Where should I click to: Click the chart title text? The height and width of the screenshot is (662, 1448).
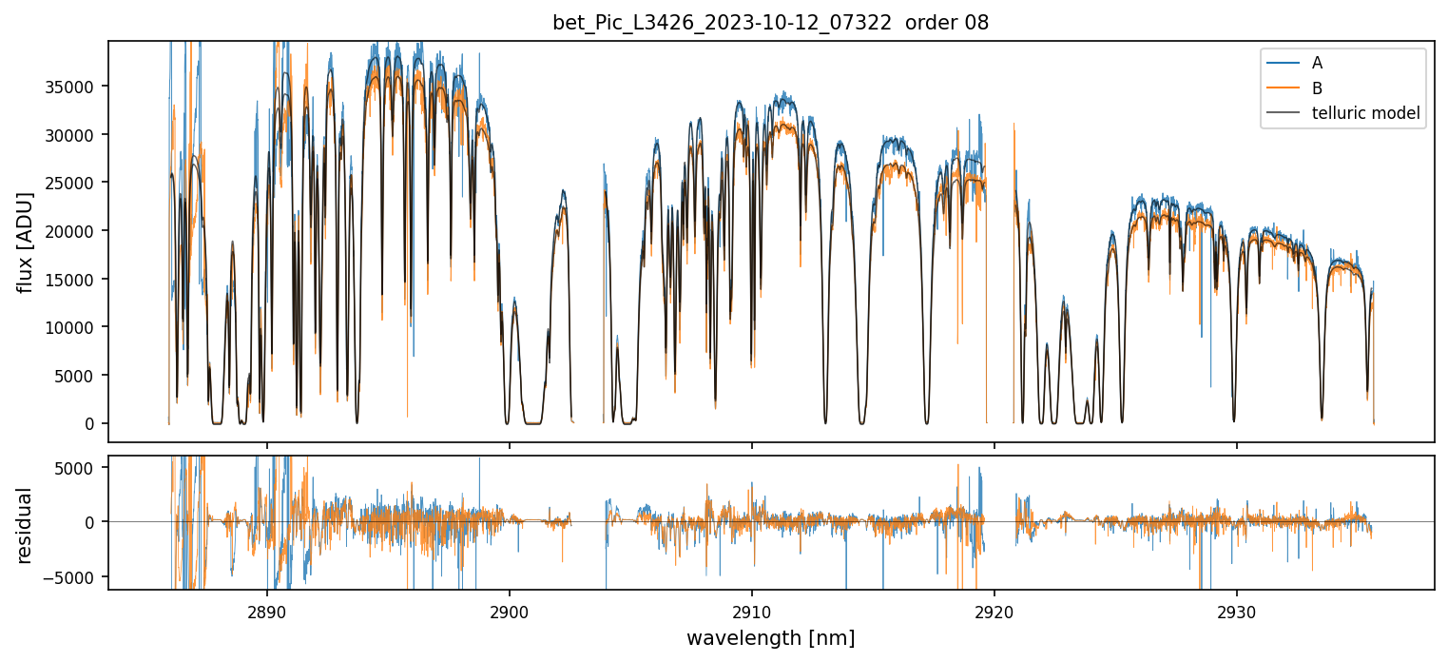coord(770,23)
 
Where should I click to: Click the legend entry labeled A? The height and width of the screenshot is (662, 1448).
coord(1317,63)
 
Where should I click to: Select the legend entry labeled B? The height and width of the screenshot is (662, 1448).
coord(1317,88)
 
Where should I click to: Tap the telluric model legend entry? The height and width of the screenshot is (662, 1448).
coord(1365,114)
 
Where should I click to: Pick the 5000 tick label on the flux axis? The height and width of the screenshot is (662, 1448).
coord(77,376)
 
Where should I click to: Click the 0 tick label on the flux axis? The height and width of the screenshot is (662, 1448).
coord(92,424)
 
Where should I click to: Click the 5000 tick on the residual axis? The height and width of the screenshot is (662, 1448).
coord(79,467)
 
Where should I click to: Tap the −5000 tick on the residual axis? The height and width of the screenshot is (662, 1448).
coord(74,576)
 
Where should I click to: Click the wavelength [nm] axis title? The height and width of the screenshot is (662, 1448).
coord(770,637)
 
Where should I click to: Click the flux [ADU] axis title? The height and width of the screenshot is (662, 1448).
coord(26,242)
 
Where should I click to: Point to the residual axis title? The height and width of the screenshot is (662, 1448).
coord(26,524)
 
